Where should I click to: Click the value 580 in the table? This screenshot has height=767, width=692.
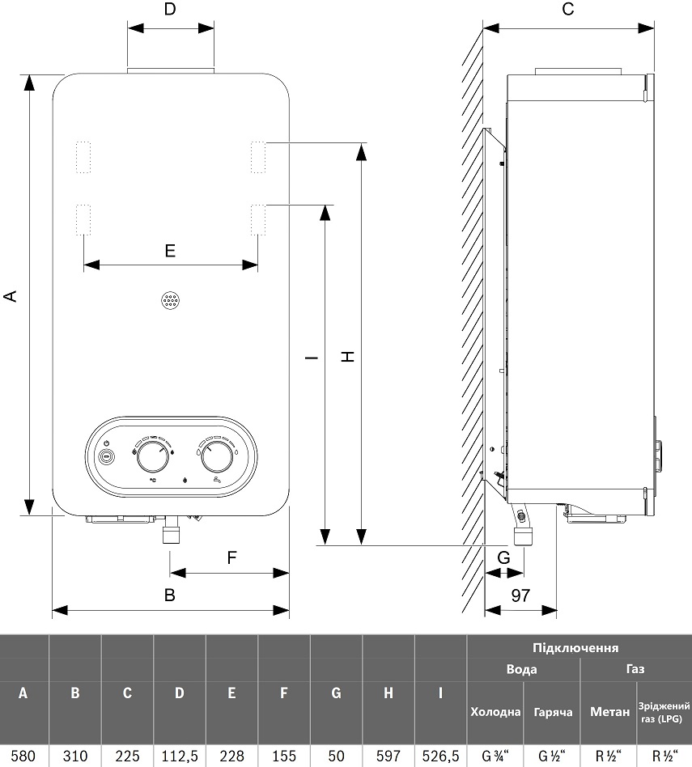point(23,756)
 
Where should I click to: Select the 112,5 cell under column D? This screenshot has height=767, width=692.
point(180,756)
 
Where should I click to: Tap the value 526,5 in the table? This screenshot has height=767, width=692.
point(440,756)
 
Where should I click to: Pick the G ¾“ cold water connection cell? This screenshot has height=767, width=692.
point(495,756)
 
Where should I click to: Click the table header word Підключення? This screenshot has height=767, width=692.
point(575,648)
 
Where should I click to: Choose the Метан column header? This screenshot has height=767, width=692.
point(609,712)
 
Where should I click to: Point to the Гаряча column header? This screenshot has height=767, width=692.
point(553,712)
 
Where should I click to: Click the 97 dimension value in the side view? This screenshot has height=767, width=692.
point(520,595)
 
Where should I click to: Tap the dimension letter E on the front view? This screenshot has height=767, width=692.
point(170,251)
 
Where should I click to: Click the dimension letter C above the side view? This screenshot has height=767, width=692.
point(567,9)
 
